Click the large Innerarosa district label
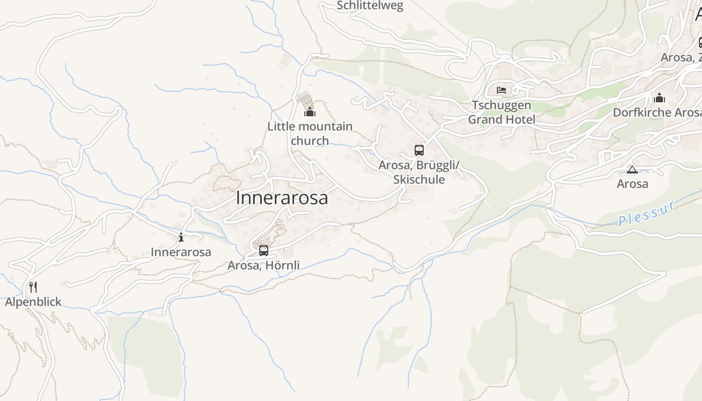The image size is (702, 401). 282,197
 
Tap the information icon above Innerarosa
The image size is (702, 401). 181,237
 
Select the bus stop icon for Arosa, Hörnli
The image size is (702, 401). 264,250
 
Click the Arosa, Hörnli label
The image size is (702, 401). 264,265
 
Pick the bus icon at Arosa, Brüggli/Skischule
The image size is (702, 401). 419,150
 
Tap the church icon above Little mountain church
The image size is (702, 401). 310,111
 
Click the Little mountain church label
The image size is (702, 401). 310,133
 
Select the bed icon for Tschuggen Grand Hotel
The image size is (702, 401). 501,90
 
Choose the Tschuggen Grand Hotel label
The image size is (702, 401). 501,112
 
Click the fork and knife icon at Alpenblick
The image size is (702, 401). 33,287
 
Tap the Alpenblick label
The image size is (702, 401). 33,302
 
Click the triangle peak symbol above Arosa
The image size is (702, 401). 632,169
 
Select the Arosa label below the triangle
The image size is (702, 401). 632,184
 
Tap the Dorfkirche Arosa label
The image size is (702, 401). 657,112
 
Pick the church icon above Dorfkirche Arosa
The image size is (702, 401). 659,98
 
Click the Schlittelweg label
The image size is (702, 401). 370,6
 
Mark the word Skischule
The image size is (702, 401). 419,179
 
